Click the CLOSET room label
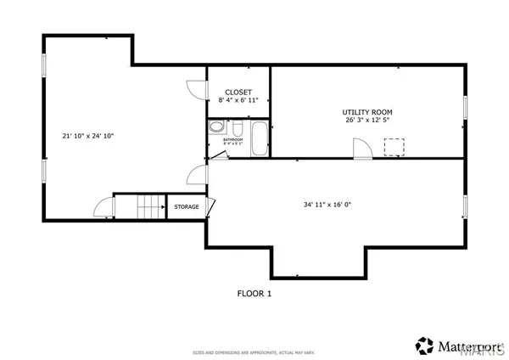[238, 92]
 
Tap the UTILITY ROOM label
[367, 112]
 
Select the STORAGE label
[187, 206]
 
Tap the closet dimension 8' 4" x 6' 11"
[238, 101]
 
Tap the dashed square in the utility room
[394, 148]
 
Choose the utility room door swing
[362, 149]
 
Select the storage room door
[210, 206]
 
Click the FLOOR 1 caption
[254, 294]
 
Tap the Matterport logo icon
[424, 345]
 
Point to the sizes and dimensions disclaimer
[254, 352]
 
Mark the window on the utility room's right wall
[466, 110]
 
